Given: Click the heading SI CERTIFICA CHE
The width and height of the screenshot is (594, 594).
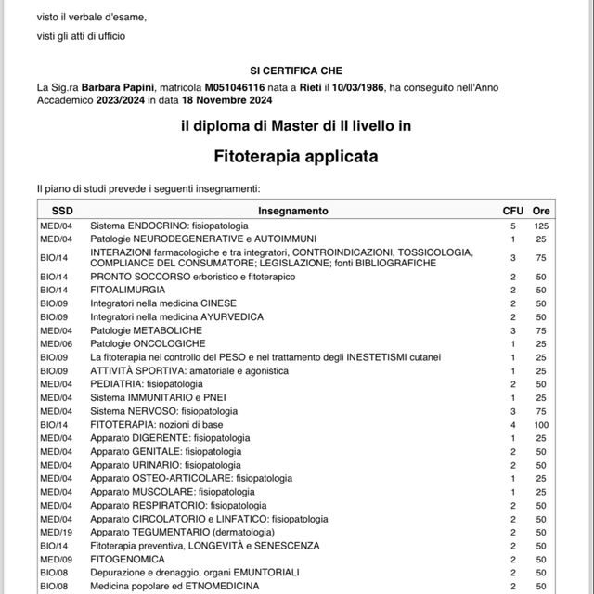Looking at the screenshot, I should pyautogui.click(x=296, y=71).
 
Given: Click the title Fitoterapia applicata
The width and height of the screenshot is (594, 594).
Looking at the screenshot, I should pyautogui.click(x=296, y=157).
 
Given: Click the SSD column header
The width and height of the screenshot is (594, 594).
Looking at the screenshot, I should pyautogui.click(x=62, y=211).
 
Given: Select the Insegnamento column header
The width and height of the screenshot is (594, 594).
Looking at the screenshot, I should pyautogui.click(x=293, y=211).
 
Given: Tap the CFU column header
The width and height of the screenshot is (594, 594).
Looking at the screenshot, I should pyautogui.click(x=512, y=211).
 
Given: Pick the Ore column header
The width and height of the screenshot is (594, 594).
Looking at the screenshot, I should pyautogui.click(x=542, y=211).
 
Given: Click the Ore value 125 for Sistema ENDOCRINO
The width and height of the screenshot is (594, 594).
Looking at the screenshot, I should pyautogui.click(x=542, y=226).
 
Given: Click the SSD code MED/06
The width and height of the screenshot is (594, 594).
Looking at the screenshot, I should pyautogui.click(x=54, y=343).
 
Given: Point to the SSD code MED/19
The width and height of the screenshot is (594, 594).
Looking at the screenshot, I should pyautogui.click(x=54, y=532).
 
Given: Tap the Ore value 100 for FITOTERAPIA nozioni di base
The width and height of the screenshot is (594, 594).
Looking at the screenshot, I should pyautogui.click(x=542, y=424).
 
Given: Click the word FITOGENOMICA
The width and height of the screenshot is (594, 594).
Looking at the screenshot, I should pyautogui.click(x=127, y=559).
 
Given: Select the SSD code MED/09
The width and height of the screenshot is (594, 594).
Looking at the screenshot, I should pyautogui.click(x=54, y=559).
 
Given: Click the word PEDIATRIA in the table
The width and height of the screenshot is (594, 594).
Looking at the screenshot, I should pyautogui.click(x=117, y=383).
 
